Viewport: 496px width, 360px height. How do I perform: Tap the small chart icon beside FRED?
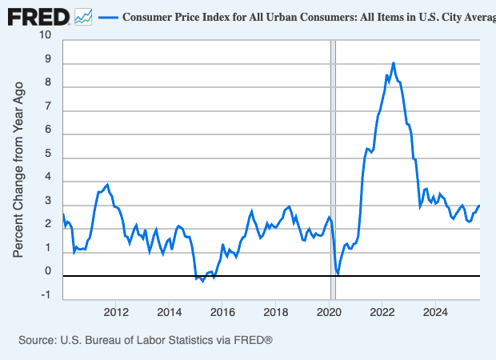82,15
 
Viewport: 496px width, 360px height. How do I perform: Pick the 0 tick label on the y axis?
47,271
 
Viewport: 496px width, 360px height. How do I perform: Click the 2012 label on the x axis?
117,310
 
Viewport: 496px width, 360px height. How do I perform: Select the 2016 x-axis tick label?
222,310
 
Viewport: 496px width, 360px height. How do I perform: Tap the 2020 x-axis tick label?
329,310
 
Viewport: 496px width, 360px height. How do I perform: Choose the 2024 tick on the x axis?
434,310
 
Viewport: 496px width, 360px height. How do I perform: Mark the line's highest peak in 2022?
393,62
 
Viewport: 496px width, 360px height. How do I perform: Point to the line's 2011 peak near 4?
108,184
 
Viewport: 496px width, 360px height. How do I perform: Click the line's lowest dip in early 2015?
202,281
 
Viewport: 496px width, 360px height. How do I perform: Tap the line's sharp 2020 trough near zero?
338,274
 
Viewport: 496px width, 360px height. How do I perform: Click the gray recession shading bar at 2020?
334,160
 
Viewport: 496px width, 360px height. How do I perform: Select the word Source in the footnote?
38,340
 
